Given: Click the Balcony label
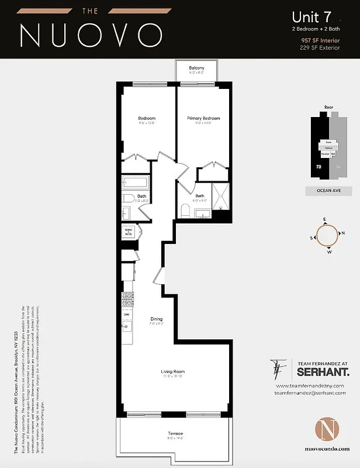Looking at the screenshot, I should pos(196,68).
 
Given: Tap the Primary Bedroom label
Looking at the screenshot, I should pos(203,118).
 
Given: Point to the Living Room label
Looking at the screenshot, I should pos(173,371).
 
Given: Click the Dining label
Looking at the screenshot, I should pos(157,319).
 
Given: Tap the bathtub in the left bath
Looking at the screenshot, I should pos(136,183).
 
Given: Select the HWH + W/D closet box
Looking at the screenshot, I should pos(129,232).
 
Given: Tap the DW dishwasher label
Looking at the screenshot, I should pos(126,315).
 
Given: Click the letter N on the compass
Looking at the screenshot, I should pos(343,233).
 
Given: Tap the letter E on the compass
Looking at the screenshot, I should pos(324,219).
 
